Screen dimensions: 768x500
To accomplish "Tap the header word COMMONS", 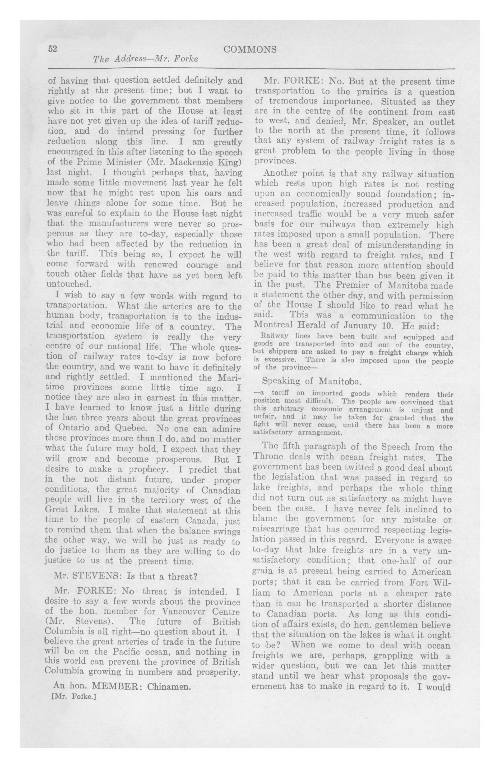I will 250,49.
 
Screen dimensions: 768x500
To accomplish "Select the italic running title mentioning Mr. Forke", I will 145,59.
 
